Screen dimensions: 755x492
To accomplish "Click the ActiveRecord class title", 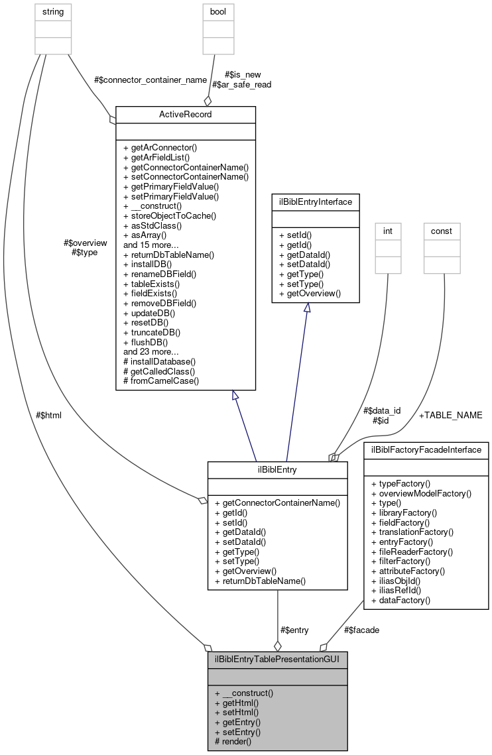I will (186, 115).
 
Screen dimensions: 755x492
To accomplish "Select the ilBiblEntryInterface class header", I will (315, 201).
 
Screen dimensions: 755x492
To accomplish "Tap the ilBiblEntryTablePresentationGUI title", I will (277, 660).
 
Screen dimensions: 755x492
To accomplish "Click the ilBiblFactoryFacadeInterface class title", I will (426, 450).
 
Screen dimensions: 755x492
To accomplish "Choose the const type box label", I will (442, 231).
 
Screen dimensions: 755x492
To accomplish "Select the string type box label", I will (52, 12).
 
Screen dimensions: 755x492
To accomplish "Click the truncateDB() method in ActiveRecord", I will (152, 332).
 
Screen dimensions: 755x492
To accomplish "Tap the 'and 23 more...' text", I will (152, 352).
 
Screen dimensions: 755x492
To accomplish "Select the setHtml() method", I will (237, 712).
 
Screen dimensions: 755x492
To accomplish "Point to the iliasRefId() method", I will (400, 590).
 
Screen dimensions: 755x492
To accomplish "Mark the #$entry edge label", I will (294, 630).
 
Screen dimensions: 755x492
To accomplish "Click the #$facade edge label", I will (362, 630).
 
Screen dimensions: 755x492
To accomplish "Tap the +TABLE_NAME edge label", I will (450, 415).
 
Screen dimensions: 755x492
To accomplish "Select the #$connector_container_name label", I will (151, 80).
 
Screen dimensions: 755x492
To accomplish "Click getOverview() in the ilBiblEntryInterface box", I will (310, 293).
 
